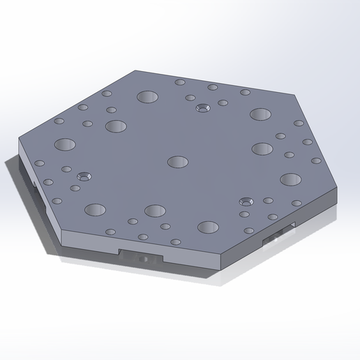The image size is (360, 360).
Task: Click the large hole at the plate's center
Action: click(179, 162)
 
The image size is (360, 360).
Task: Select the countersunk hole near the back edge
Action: click(203, 108)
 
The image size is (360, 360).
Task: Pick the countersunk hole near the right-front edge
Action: click(245, 201)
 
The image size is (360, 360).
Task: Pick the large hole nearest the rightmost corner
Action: click(290, 179)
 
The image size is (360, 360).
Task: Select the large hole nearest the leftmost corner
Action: click(64, 145)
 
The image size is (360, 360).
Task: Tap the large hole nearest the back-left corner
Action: click(147, 97)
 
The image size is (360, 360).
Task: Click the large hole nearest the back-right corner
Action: click(261, 113)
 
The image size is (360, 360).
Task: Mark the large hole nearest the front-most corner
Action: click(208, 227)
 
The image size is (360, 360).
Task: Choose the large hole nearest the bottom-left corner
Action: click(94, 209)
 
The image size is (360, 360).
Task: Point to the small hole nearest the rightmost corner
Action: click(316, 160)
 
